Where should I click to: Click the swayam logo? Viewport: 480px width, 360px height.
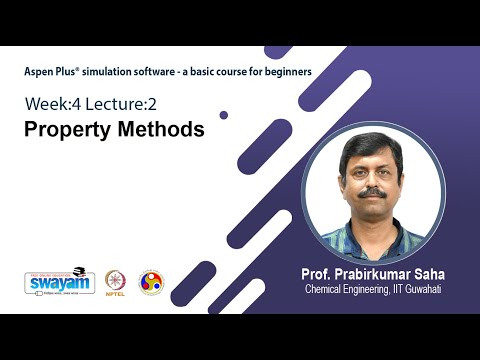pos(59,281)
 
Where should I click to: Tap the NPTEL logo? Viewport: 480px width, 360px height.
pos(116,282)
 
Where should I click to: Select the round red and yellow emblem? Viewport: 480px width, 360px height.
pos(150,282)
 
